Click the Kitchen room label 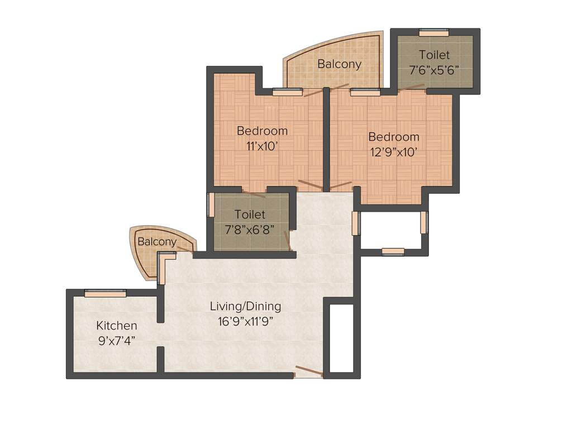click(x=116, y=326)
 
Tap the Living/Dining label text click(x=245, y=306)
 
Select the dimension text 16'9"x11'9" click(x=245, y=321)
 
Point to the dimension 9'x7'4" click(x=116, y=340)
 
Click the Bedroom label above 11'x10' click(x=262, y=131)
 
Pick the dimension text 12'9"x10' click(x=393, y=151)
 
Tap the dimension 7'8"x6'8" click(x=250, y=229)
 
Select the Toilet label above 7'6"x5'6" click(x=434, y=55)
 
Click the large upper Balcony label click(x=339, y=64)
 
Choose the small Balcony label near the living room click(x=157, y=242)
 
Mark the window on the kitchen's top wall click(x=105, y=293)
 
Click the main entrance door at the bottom click(x=309, y=372)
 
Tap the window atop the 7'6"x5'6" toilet click(x=434, y=33)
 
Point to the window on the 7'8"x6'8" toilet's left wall click(x=211, y=205)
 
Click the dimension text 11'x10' click(x=262, y=146)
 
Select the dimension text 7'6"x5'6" click(x=434, y=70)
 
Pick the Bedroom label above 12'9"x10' click(x=393, y=137)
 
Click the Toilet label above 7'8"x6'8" click(x=250, y=214)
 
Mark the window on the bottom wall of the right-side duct click(x=393, y=252)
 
